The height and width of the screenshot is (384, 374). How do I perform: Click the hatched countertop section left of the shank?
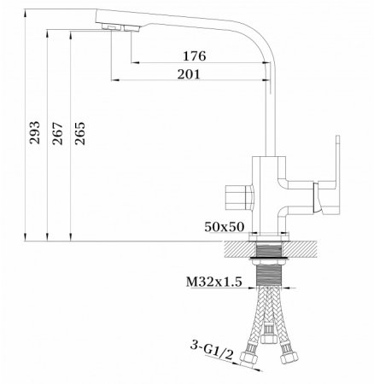click(240, 247)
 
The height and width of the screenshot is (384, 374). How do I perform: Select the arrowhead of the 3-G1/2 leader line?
click(241, 358)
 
